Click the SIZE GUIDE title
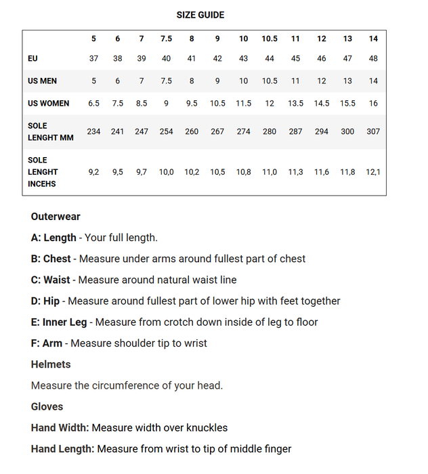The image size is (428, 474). (200, 15)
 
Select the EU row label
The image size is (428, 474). (33, 59)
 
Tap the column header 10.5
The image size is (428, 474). (270, 39)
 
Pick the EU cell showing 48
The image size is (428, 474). (373, 59)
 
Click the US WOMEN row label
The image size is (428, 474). (48, 104)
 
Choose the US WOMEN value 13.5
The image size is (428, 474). (295, 104)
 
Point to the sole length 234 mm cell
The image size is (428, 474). (93, 131)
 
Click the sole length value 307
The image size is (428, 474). (373, 131)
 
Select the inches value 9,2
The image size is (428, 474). (93, 172)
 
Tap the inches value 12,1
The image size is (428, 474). (373, 172)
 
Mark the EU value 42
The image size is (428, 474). (217, 59)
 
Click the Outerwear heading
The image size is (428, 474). (56, 217)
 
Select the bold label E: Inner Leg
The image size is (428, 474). (59, 322)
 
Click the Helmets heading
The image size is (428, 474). (51, 364)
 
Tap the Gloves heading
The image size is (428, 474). (47, 406)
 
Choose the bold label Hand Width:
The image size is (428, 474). (60, 428)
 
